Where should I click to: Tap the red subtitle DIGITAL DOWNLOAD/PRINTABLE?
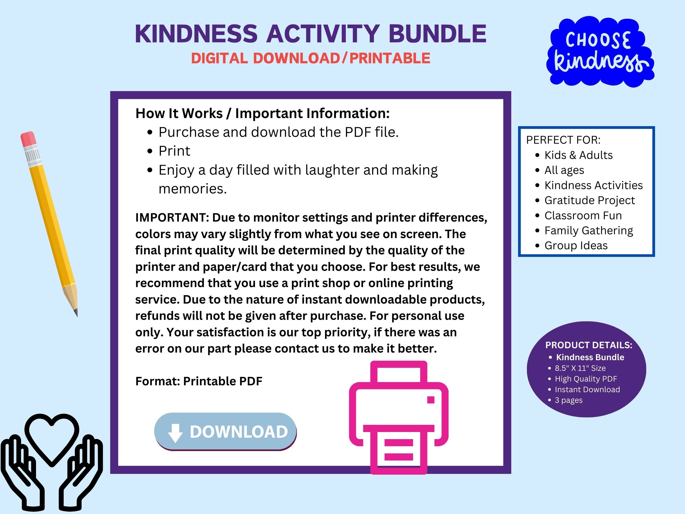(x=311, y=58)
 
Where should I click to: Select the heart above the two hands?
(x=52, y=437)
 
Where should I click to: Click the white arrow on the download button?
(x=175, y=433)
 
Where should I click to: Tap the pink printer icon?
(x=399, y=415)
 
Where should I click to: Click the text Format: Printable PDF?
(x=199, y=381)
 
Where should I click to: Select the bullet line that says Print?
(x=174, y=151)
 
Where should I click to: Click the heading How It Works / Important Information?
(x=262, y=113)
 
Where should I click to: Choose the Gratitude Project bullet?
(x=589, y=200)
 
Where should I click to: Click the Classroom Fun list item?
(x=583, y=215)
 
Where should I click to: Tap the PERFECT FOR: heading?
(x=563, y=140)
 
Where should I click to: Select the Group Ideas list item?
(x=576, y=245)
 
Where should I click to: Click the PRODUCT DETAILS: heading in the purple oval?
(x=588, y=345)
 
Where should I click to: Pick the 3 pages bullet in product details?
(x=568, y=400)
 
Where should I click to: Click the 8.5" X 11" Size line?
(x=580, y=368)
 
